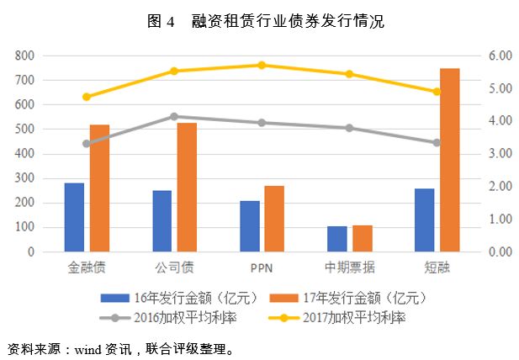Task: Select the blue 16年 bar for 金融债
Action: pyautogui.click(x=74, y=217)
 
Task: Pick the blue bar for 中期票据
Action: pyautogui.click(x=336, y=238)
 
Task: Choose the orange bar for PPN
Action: pyautogui.click(x=274, y=219)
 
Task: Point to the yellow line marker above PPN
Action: pyautogui.click(x=262, y=65)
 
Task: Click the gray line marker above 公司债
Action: pyautogui.click(x=174, y=116)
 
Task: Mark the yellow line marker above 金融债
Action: pyautogui.click(x=87, y=97)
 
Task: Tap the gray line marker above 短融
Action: pyautogui.click(x=437, y=143)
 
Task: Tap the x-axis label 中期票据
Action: pyautogui.click(x=349, y=268)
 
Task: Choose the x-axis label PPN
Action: pyautogui.click(x=262, y=268)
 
